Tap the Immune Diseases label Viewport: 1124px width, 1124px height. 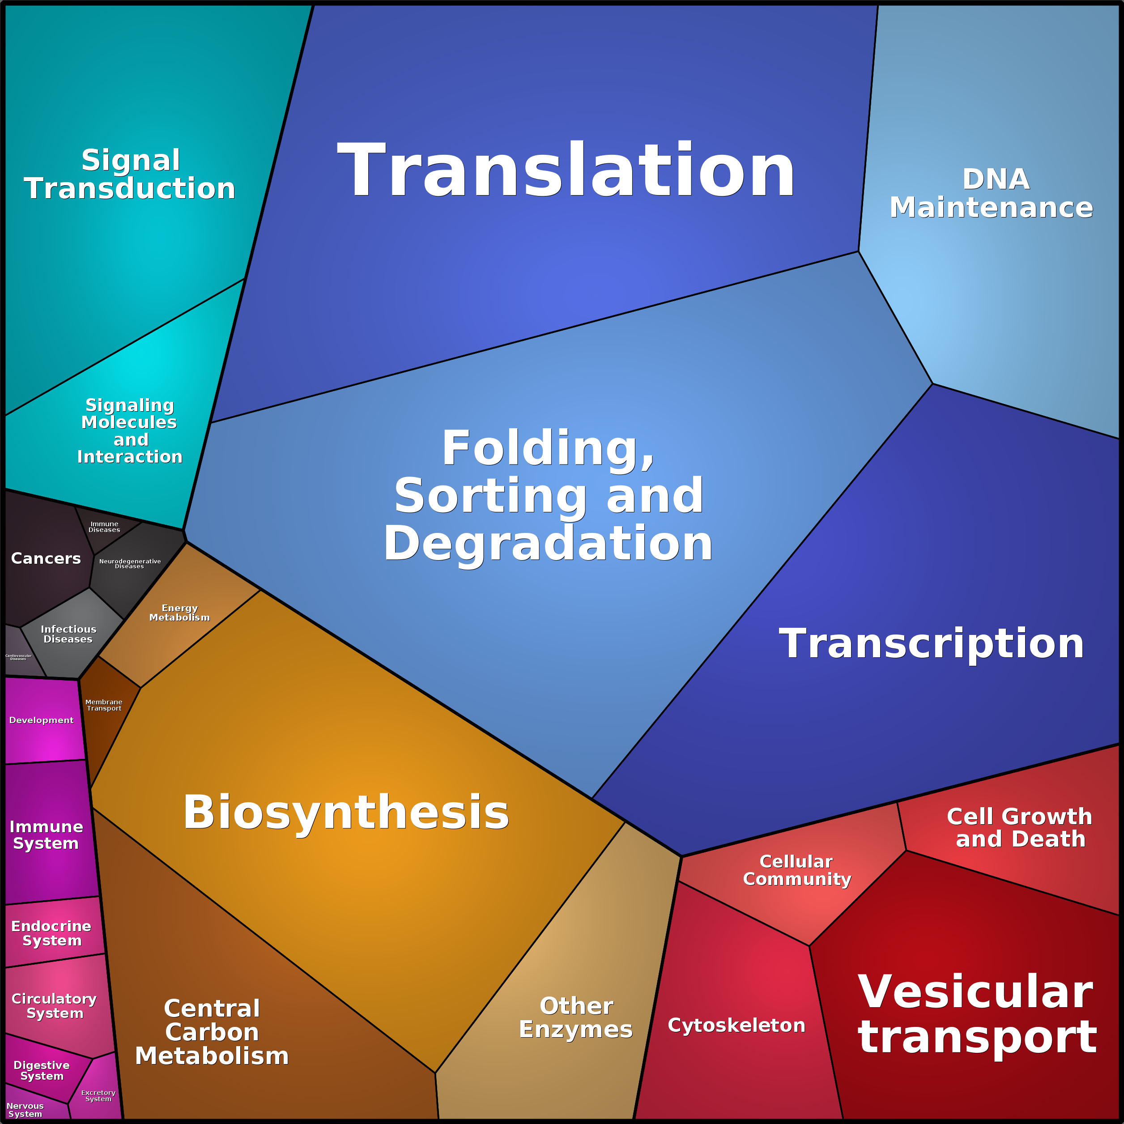tap(104, 527)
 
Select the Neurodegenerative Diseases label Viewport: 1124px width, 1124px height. tap(130, 564)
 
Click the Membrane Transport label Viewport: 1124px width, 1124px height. tap(104, 705)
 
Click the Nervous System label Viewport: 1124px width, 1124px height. tap(25, 1109)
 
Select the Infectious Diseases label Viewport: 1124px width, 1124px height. tap(68, 634)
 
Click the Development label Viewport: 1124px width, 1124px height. tap(41, 720)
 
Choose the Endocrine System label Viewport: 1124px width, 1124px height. tap(51, 933)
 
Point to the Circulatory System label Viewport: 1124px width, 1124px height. tap(54, 1006)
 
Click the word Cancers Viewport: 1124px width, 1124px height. tap(46, 558)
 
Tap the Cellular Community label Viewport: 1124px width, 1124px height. tap(797, 870)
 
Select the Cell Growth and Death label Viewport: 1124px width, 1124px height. tap(1019, 827)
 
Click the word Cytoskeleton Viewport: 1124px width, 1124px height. tap(737, 1025)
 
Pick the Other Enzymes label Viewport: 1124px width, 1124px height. tap(576, 1017)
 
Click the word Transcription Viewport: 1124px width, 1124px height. tap(932, 643)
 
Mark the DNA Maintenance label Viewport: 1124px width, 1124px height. tap(992, 193)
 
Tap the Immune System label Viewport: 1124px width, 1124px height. tap(47, 835)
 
